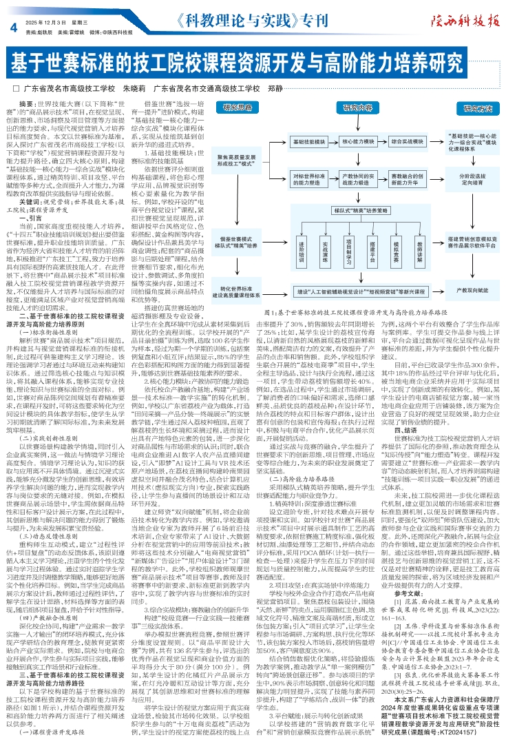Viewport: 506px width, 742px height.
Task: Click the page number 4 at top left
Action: point(12,27)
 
